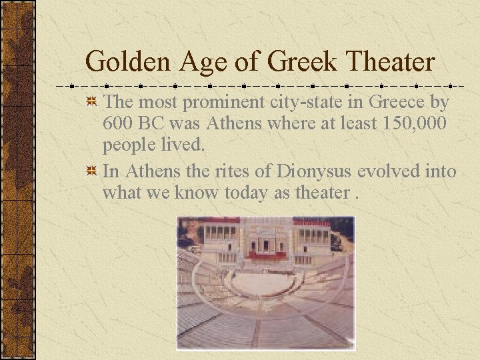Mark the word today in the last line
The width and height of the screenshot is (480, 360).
tap(242, 193)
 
